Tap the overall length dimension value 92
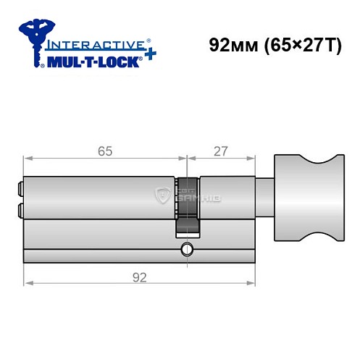tap(139, 277)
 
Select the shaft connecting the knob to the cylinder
tap(265, 196)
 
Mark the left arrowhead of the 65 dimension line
tap(28, 158)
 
